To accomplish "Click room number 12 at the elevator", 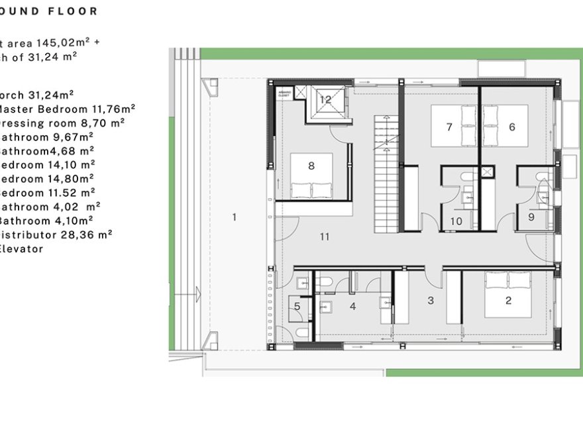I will point(325,99).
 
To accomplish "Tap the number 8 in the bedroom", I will point(311,166).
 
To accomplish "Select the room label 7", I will point(449,127).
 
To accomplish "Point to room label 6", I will point(512,127).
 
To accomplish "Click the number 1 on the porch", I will point(234,217).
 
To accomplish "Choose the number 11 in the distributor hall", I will point(324,236).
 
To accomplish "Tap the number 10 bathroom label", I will point(456,221).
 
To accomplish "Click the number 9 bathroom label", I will point(531,217).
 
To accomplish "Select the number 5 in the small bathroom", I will point(297,306).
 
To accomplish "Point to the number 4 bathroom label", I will point(353,306).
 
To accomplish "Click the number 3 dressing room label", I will point(431,301).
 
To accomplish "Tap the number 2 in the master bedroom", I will point(509,301).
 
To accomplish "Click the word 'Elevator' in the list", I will point(21,249).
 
